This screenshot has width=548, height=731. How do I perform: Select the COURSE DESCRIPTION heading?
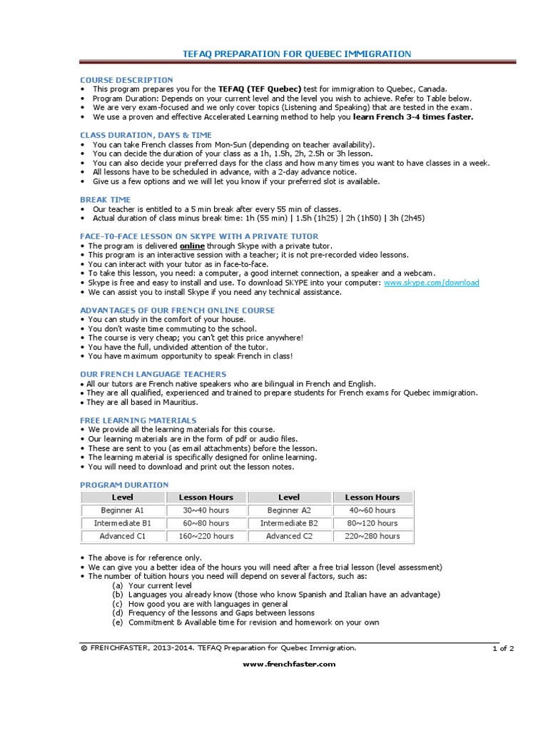(126, 80)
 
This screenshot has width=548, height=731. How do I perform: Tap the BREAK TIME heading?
(106, 200)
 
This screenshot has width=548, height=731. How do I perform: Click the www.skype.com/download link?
(431, 283)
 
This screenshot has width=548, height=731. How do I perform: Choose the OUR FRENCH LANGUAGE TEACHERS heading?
(153, 374)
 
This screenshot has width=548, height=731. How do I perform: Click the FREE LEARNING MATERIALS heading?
(138, 420)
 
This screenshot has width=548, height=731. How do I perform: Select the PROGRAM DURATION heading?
(124, 485)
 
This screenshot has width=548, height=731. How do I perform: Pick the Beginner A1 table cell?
(123, 510)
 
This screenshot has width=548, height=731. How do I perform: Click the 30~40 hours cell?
(206, 510)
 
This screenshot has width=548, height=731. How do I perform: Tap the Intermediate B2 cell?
(289, 523)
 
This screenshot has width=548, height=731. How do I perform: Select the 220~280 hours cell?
(372, 536)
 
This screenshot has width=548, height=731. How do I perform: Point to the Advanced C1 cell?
(123, 536)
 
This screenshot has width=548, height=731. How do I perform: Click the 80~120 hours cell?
(372, 523)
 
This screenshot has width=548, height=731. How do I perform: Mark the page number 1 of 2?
(502, 648)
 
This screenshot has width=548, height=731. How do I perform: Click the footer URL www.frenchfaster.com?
(289, 664)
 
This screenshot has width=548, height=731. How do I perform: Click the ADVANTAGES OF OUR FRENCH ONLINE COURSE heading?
(177, 311)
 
